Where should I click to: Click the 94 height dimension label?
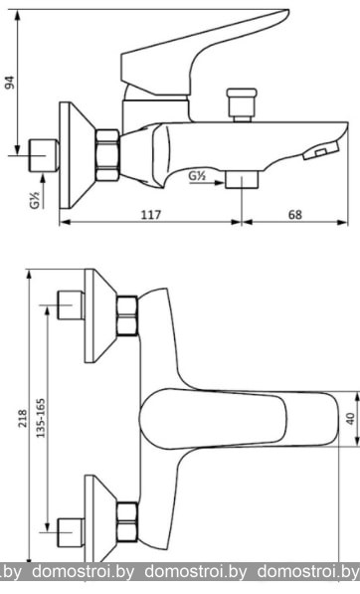coord(11,83)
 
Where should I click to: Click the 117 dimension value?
coord(151,215)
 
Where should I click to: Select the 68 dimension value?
coord(295,215)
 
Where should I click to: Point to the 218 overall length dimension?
coord(24,418)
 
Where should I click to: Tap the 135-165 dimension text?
coord(40,418)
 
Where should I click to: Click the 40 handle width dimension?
coord(351,418)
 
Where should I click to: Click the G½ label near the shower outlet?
coord(197,176)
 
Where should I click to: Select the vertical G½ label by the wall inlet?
coord(35,200)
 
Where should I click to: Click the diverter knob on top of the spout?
coord(242,104)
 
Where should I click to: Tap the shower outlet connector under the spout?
coord(242,179)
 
